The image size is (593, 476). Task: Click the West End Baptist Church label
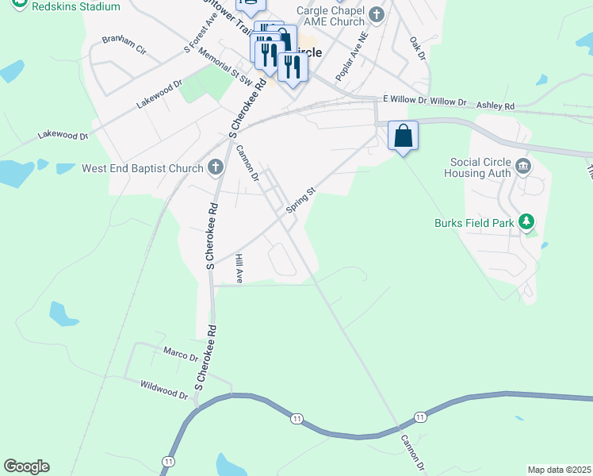(143, 168)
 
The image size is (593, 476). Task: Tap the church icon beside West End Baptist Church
(215, 167)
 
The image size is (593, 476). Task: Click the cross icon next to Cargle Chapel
(377, 13)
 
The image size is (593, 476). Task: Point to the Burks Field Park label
(475, 223)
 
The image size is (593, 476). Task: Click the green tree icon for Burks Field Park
(525, 222)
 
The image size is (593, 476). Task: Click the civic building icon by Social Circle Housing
(523, 166)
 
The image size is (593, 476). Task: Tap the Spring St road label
(301, 199)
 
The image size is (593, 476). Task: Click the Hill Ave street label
(239, 269)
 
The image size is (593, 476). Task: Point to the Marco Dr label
(180, 354)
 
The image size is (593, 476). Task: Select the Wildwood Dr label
(163, 390)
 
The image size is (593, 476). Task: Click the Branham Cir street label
(124, 44)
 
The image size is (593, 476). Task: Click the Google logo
(26, 466)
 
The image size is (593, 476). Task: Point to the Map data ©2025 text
(559, 470)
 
